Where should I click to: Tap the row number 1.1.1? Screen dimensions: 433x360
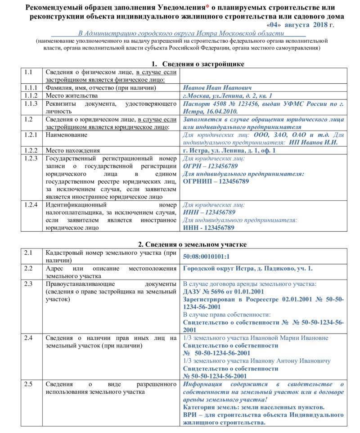point(31,88)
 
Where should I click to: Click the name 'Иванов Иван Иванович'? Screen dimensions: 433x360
point(217,88)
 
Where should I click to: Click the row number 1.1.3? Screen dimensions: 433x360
point(31,104)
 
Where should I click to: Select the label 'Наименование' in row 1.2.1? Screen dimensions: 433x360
point(66,135)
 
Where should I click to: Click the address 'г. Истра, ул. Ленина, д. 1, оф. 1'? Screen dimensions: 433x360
point(229,150)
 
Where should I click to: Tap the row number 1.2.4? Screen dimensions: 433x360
point(31,205)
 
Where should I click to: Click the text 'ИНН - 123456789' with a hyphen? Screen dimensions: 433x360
point(209,228)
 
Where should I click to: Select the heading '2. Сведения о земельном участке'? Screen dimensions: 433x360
point(192,244)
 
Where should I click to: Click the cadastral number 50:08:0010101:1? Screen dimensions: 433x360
point(207,257)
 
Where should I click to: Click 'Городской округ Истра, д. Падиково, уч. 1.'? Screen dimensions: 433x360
point(247,269)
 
